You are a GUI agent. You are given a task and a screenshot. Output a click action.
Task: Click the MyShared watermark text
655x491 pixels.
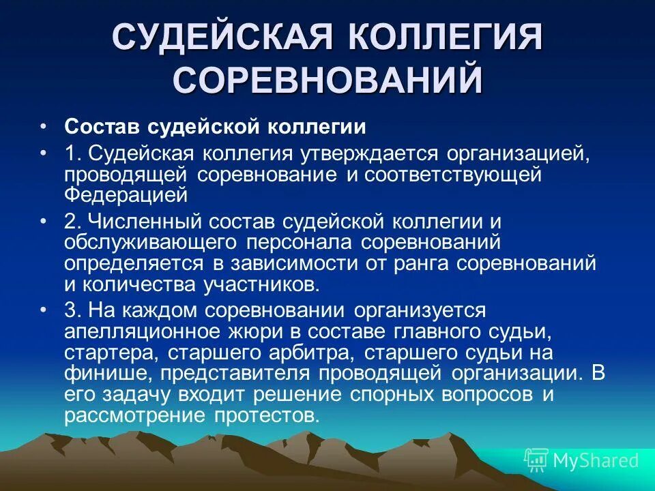point(596,460)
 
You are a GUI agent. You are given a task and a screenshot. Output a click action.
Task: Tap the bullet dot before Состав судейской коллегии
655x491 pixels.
point(43,128)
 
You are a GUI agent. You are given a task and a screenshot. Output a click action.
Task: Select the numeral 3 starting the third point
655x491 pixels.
point(70,310)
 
